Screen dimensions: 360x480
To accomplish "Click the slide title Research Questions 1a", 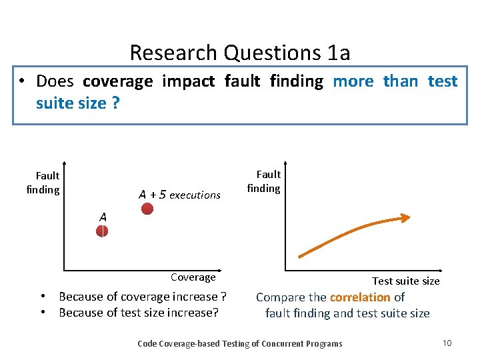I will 239,52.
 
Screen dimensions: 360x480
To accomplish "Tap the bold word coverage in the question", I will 117,81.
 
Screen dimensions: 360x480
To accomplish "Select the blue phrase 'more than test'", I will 395,81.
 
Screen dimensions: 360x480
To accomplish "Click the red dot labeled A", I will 102,231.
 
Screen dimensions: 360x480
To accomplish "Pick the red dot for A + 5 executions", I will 147,209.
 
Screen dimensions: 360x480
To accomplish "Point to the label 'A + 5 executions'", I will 179,195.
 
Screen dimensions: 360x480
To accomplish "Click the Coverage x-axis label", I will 193,277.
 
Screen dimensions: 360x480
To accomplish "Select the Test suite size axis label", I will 405,281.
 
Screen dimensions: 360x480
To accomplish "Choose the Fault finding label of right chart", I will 265,181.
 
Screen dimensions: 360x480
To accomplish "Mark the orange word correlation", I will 360,297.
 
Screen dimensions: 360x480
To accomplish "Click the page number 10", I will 447,343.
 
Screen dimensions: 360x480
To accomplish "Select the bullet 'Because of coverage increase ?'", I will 142,297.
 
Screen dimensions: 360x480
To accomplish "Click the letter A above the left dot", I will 103,217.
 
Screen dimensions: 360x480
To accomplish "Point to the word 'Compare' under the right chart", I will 280,297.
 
